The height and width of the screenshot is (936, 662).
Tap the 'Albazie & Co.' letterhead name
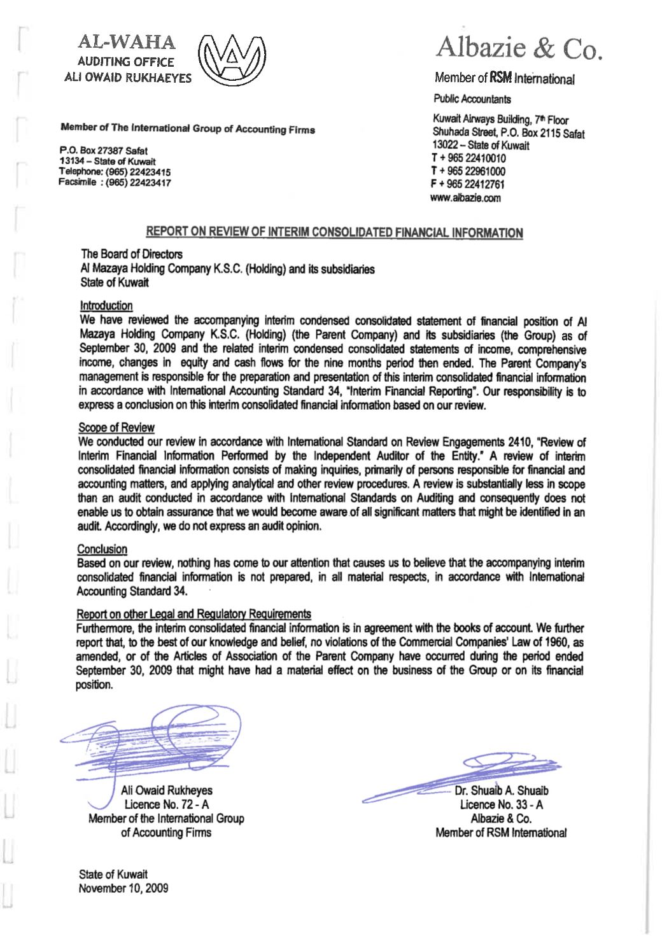pyautogui.click(x=519, y=48)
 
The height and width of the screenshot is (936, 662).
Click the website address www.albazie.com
pyautogui.click(x=465, y=198)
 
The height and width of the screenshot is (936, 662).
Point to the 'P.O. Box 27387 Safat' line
pyautogui.click(x=104, y=151)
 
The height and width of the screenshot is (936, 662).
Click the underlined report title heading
pyautogui.click(x=334, y=232)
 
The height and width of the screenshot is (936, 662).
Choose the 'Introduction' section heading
pyautogui.click(x=106, y=305)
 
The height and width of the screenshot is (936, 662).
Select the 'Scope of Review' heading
pyautogui.click(x=116, y=428)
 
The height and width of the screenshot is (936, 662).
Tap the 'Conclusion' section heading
pyautogui.click(x=102, y=548)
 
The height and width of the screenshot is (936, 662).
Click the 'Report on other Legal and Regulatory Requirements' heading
pyautogui.click(x=194, y=614)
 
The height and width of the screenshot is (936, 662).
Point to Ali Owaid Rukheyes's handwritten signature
pyautogui.click(x=159, y=738)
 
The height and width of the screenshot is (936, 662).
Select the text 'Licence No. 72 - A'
pyautogui.click(x=167, y=804)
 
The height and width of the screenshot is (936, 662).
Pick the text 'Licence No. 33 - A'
pyautogui.click(x=501, y=805)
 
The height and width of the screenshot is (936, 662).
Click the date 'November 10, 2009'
pyautogui.click(x=123, y=888)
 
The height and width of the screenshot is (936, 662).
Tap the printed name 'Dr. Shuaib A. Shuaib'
pyautogui.click(x=502, y=791)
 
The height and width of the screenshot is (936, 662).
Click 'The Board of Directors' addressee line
pyautogui.click(x=132, y=254)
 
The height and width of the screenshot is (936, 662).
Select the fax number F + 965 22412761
pyautogui.click(x=468, y=185)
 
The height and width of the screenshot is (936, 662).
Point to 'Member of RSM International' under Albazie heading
pyautogui.click(x=504, y=79)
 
